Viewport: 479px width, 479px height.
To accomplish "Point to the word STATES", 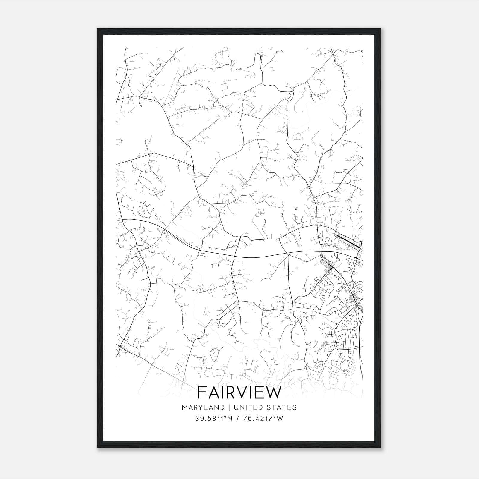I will point(281,407).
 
